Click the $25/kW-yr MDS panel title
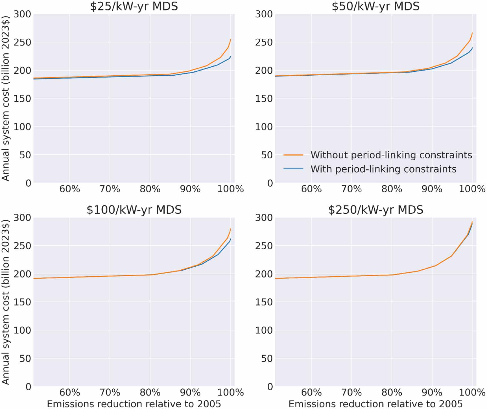click(x=134, y=6)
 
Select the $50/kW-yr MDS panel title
click(x=375, y=6)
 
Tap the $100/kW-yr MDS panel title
click(x=134, y=210)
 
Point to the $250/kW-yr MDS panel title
click(x=375, y=210)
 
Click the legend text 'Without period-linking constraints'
click(x=391, y=155)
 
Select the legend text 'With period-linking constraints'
click(x=383, y=169)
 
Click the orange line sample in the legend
click(x=293, y=155)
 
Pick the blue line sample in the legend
click(x=293, y=169)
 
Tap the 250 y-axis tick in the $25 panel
click(x=22, y=42)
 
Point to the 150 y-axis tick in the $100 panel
click(x=22, y=302)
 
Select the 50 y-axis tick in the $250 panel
click(x=267, y=358)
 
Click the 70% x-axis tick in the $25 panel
click(x=110, y=189)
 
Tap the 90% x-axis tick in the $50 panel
click(x=432, y=189)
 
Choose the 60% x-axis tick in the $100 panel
click(x=69, y=392)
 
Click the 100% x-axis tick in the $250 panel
click(x=472, y=392)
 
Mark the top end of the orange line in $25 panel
click(x=230, y=40)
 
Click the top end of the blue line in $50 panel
click(x=472, y=48)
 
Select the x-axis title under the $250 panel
click(x=375, y=404)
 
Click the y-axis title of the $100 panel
click(x=6, y=302)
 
